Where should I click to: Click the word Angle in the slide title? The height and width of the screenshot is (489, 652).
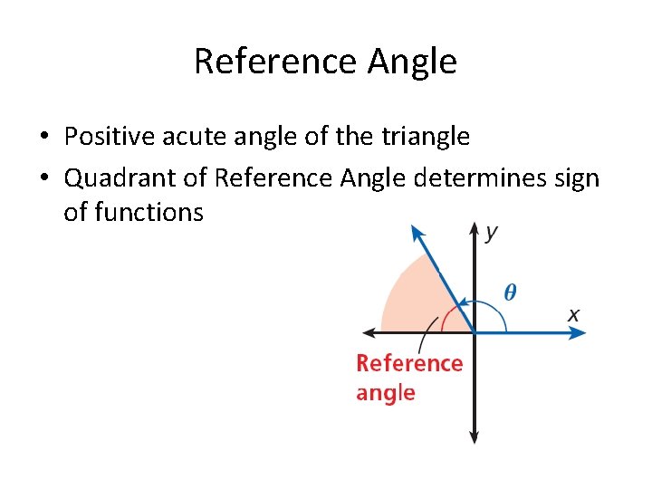tap(412, 62)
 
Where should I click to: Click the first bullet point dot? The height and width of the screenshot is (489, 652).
tap(43, 138)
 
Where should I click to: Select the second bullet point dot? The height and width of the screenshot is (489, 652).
tap(43, 179)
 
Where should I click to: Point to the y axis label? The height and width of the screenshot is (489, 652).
tap(490, 233)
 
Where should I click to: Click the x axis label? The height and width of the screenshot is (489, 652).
tap(573, 315)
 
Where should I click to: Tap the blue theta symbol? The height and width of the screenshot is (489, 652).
tap(511, 292)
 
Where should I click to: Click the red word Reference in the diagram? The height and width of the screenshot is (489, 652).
tap(409, 363)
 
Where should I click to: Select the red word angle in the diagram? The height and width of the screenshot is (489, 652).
tap(386, 393)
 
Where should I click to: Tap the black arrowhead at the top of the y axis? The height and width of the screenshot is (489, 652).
tap(474, 227)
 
